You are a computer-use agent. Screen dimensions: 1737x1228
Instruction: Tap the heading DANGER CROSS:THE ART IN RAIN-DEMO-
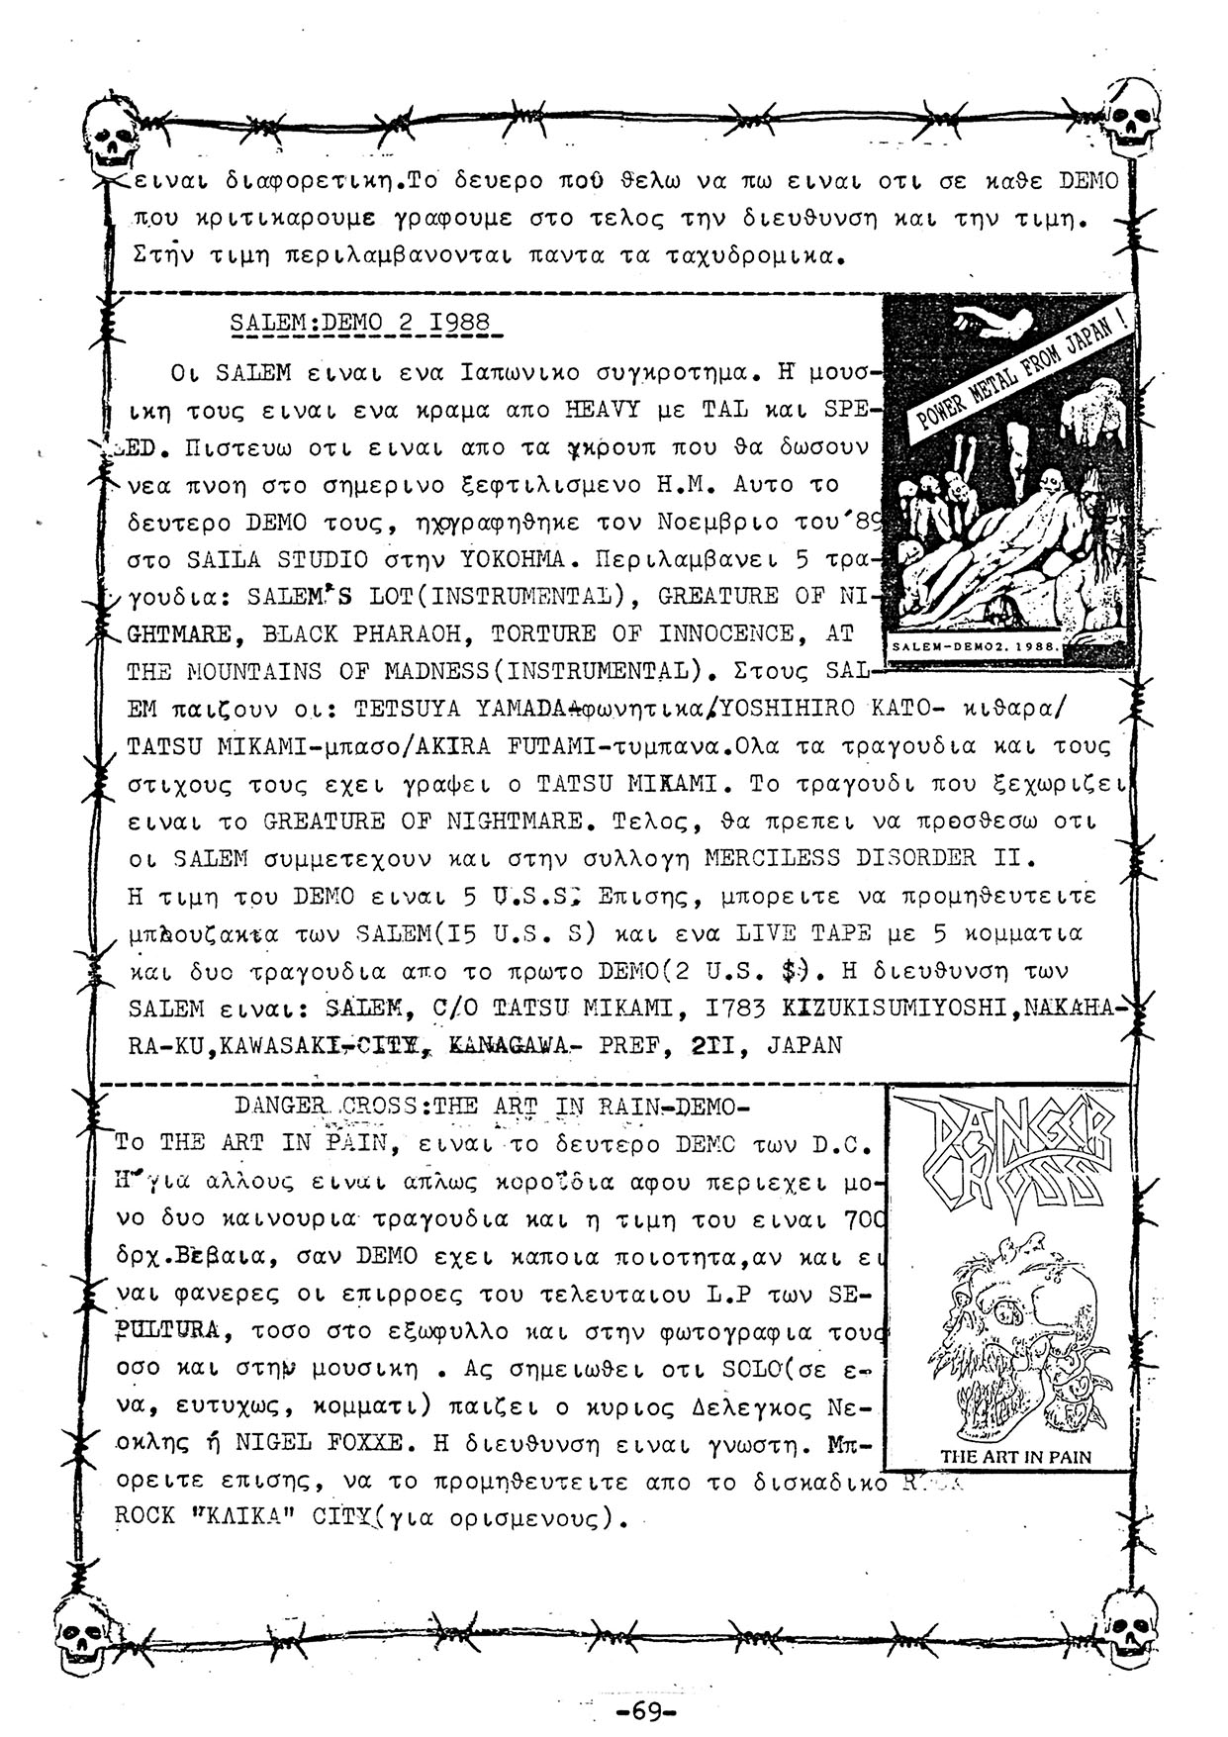click(x=493, y=1105)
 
